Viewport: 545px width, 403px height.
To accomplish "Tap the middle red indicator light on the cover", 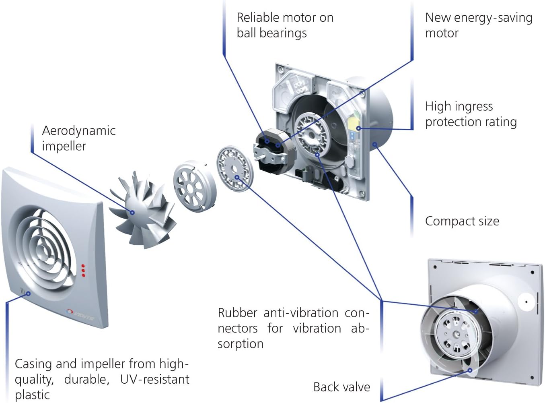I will (83, 271).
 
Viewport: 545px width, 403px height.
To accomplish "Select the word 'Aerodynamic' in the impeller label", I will (78, 130).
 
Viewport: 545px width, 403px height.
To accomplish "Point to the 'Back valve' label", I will (341, 387).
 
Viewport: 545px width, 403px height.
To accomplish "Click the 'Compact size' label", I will (462, 221).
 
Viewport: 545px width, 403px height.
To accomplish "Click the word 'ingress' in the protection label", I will (472, 106).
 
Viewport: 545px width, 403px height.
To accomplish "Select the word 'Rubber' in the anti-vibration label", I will (237, 313).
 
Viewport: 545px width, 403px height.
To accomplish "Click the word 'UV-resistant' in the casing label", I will (154, 379).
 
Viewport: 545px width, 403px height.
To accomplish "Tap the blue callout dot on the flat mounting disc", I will (237, 177).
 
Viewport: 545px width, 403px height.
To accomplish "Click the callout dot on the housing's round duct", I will (374, 144).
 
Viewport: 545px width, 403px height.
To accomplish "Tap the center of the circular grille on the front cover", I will (43, 248).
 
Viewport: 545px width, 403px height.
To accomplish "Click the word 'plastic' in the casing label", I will (32, 395).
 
